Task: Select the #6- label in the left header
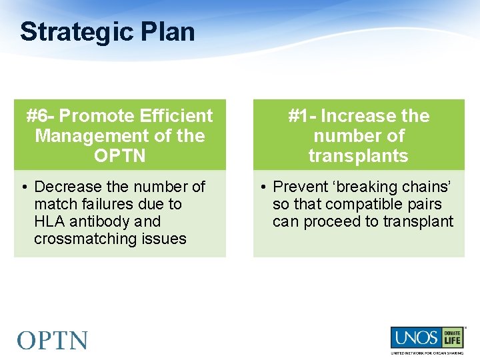pyautogui.click(x=41, y=116)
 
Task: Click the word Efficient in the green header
pyautogui.click(x=176, y=116)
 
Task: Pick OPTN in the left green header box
pyautogui.click(x=119, y=156)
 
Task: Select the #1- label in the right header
pyautogui.click(x=302, y=116)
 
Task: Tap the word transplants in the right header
pyautogui.click(x=359, y=156)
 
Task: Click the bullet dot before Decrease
pyautogui.click(x=23, y=187)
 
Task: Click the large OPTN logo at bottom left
pyautogui.click(x=53, y=340)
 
